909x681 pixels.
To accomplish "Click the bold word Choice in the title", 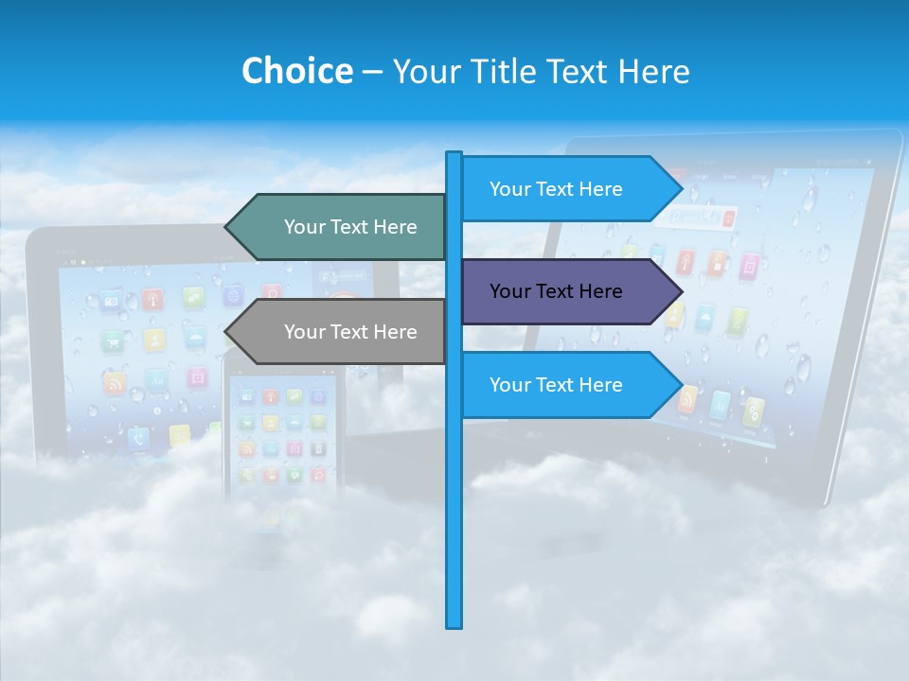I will point(296,71).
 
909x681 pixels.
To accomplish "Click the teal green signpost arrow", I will point(341,227).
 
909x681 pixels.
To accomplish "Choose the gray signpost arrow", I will point(341,332).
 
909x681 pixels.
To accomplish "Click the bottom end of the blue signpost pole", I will point(454,624).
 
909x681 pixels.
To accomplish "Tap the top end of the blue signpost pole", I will point(454,155).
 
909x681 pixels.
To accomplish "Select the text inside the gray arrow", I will point(350,332).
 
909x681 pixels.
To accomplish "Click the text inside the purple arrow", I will point(556,291).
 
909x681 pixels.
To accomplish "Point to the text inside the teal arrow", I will point(350,227).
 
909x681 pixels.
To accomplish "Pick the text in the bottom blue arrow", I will point(556,385).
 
